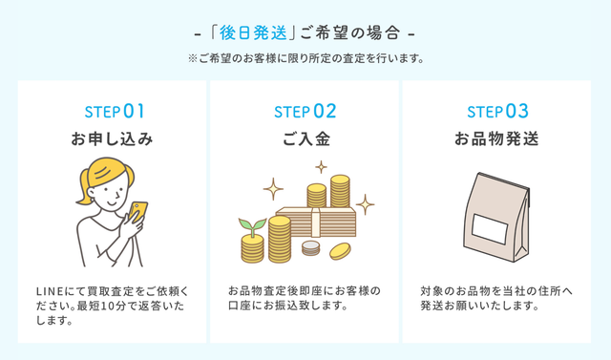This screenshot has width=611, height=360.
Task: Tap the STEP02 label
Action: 305,110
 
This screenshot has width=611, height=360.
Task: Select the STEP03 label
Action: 497,110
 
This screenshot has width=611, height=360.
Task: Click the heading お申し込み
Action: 113,139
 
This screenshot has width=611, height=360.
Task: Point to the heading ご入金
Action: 305,139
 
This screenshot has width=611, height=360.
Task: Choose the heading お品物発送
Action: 497,139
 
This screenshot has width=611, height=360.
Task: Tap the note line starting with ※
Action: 305,58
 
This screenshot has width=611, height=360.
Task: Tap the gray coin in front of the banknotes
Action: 310,249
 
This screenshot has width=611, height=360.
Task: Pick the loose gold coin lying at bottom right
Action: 340,251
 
